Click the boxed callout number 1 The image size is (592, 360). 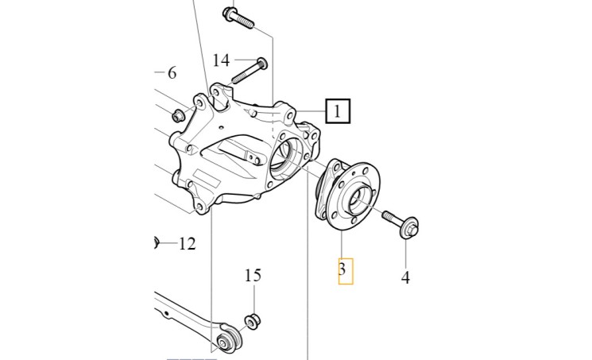(338, 110)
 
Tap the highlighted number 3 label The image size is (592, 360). (342, 270)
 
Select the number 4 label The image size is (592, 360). (405, 278)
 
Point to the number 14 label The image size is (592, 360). (221, 60)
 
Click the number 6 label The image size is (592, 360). (171, 73)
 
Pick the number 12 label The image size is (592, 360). (186, 243)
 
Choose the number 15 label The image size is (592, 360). (253, 276)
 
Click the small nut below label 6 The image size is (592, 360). (179, 117)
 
